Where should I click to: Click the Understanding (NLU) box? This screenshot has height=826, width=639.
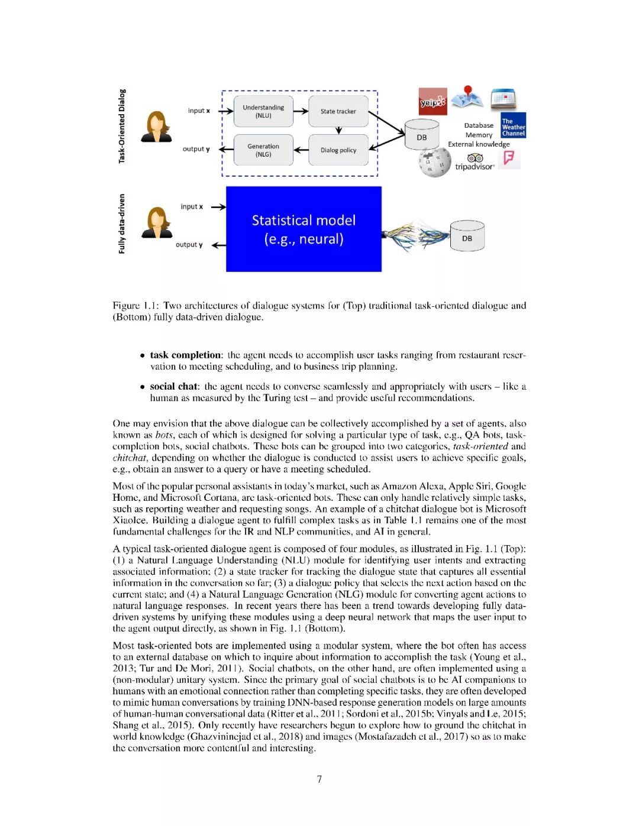pos(263,111)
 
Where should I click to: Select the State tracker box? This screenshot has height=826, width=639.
pos(338,111)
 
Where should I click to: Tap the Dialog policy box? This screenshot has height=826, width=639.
pos(338,150)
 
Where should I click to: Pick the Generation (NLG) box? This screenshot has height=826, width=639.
pos(263,150)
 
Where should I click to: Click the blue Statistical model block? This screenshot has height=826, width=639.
pos(304,229)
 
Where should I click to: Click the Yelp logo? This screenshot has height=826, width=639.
pos(433,102)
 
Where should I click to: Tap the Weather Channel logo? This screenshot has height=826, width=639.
pos(513,126)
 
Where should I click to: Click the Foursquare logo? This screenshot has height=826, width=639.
pos(508,158)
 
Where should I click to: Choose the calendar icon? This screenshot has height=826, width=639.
pos(504,99)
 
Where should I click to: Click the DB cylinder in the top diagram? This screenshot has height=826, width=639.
pos(421,134)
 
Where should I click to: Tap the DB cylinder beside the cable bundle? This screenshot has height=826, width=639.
pos(467,237)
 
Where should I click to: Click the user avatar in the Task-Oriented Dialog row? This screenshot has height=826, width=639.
pos(156,127)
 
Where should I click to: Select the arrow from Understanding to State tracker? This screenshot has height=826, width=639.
pos(301,111)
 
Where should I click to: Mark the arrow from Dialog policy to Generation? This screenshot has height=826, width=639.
pos(301,150)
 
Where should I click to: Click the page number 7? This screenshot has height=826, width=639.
pos(319,779)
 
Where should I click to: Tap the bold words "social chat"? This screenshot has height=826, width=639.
pos(173,386)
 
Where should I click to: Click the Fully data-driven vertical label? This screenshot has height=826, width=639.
pos(122,224)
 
